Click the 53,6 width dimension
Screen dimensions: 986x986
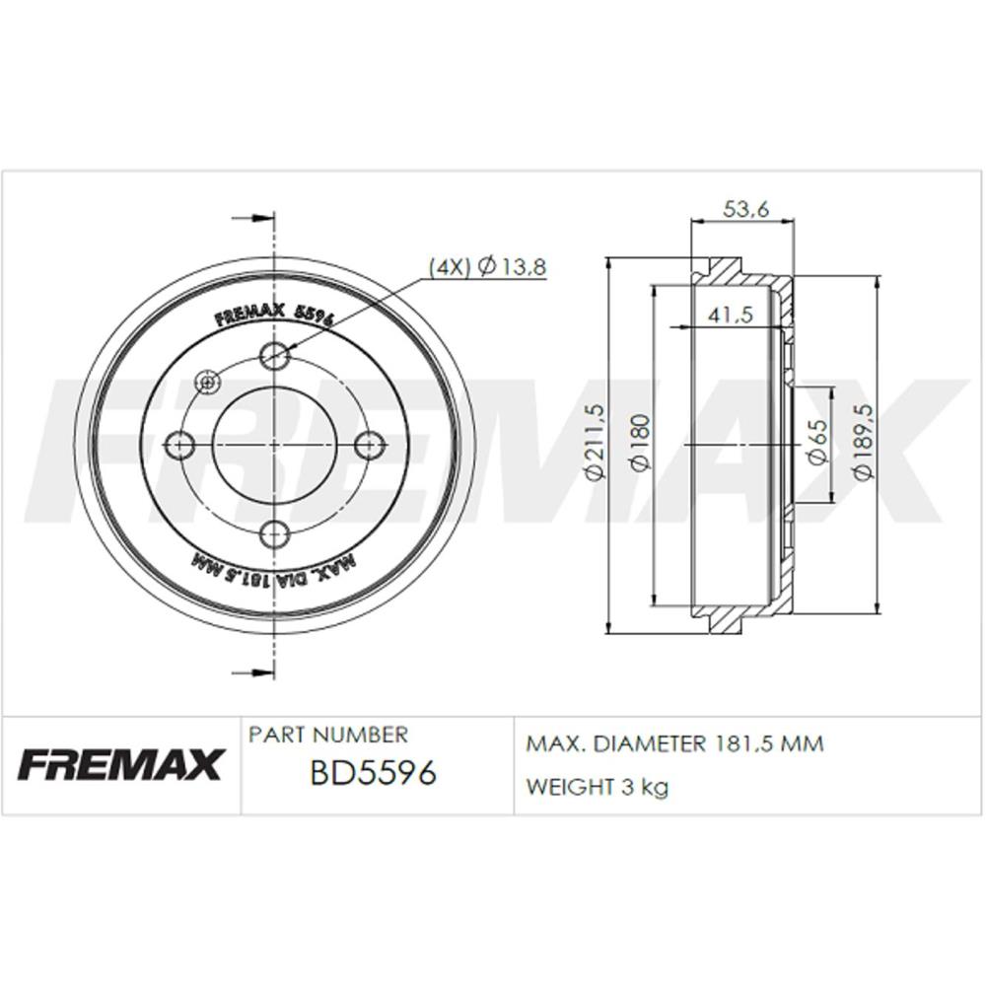click(745, 209)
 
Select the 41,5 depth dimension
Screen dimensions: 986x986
click(730, 314)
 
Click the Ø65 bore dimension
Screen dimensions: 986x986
click(817, 442)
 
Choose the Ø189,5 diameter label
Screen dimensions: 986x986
click(863, 442)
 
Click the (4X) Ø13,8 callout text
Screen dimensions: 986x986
click(487, 267)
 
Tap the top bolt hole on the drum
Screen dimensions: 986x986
click(274, 356)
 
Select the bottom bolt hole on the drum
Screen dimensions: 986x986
click(274, 534)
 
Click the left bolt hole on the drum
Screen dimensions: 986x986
click(179, 446)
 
